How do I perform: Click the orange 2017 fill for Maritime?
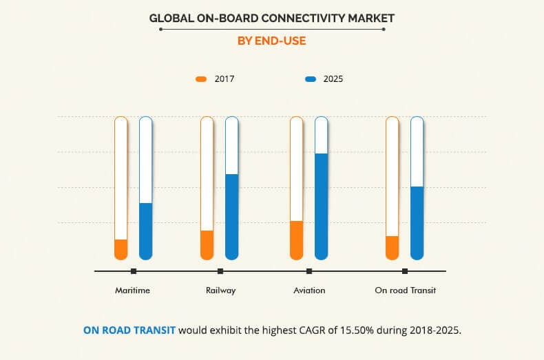pos(121,249)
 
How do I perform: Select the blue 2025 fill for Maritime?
pos(145,231)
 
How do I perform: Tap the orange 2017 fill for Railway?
pos(207,245)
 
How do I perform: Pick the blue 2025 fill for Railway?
pos(231,217)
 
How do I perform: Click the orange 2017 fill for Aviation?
pos(296,240)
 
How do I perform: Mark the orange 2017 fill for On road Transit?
pos(392,248)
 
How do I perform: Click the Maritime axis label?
pos(132,290)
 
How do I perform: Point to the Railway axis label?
pos(220,290)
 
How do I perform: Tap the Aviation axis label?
pos(309,290)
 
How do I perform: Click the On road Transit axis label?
pos(405,290)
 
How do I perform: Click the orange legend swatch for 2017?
pos(201,79)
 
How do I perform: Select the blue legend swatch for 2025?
pos(311,79)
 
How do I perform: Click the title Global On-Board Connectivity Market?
pos(271,18)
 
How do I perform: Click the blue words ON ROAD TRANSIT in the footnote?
pos(129,330)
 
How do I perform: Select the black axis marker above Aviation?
pos(309,271)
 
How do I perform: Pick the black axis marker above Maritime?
pos(133,271)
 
